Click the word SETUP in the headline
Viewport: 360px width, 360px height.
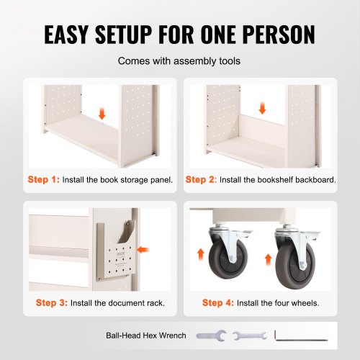coord(123,35)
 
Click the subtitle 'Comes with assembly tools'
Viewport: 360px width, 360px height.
coord(179,61)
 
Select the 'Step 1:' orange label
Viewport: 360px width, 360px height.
coord(43,179)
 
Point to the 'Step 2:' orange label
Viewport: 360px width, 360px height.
coord(201,179)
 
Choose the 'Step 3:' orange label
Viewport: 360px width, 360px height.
coord(52,302)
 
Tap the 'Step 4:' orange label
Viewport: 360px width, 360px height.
coord(218,302)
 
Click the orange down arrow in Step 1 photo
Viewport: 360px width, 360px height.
coord(102,114)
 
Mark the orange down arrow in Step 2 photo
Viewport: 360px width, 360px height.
coord(262,108)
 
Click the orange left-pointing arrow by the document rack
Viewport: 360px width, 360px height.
coord(143,250)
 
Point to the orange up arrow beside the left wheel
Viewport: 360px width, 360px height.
coord(200,255)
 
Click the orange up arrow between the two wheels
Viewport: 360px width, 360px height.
coord(268,260)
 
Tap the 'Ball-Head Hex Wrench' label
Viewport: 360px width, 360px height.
coord(146,336)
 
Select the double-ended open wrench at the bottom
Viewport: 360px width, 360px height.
coord(250,336)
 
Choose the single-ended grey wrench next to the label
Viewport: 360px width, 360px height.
coord(211,336)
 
